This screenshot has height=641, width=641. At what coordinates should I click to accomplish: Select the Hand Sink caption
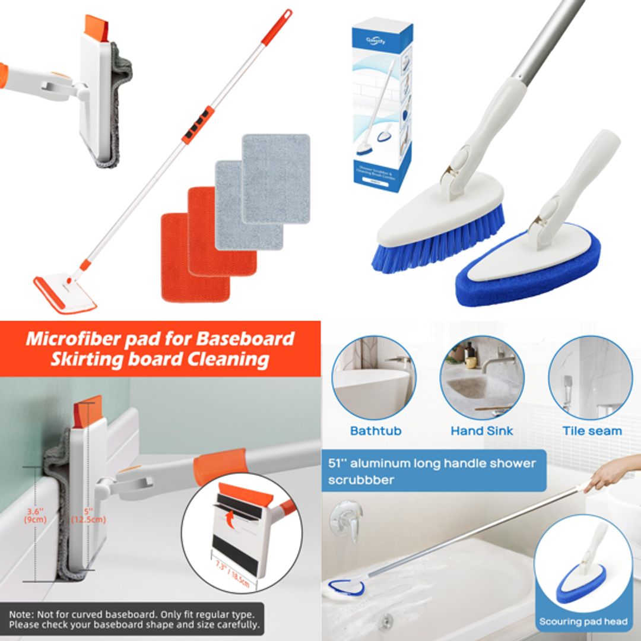[x=481, y=431]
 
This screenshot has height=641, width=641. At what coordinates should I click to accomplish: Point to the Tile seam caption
[x=592, y=431]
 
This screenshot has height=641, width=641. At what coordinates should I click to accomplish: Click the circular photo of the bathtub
[x=373, y=377]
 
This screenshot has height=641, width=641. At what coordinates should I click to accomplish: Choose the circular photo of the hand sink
[x=481, y=377]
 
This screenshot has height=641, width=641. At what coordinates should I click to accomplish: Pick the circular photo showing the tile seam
[x=590, y=377]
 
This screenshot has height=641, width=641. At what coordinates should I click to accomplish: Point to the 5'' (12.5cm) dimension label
[x=88, y=515]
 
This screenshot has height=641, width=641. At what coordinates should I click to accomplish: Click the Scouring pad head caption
[x=583, y=621]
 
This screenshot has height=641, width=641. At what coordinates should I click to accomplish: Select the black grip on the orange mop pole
[x=198, y=125]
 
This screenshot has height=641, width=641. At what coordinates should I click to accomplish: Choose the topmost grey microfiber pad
[x=276, y=178]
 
